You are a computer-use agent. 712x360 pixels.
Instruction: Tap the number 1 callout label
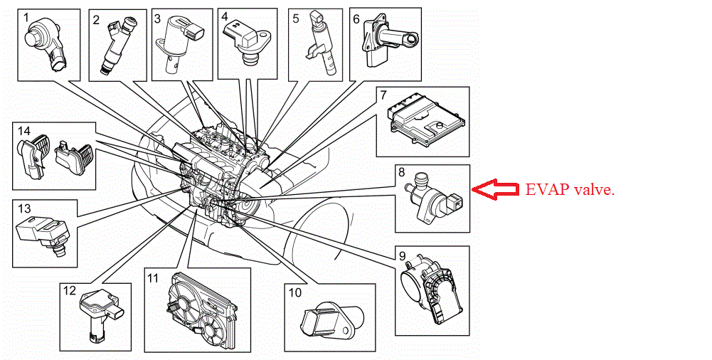click(x=26, y=16)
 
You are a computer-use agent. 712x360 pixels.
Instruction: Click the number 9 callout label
click(x=402, y=256)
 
